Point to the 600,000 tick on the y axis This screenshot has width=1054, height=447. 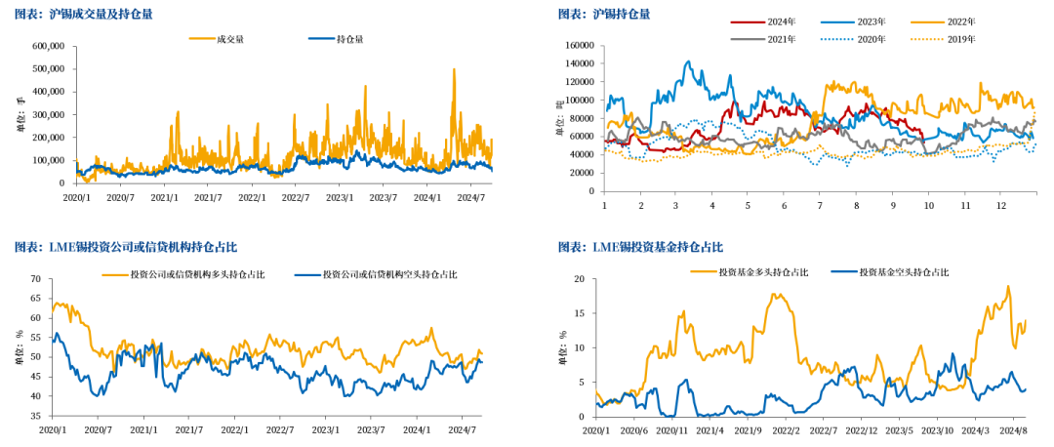pos(48,46)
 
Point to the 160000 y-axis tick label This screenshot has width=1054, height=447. pos(579,45)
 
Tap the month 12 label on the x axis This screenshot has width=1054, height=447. pos(1000,207)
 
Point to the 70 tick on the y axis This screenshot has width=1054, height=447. pos(34,279)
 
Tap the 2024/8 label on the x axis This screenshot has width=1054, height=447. pos(1013,429)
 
